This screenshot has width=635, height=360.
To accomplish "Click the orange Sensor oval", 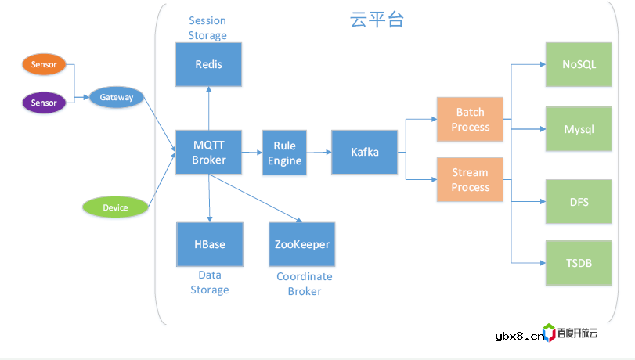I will pos(44,65).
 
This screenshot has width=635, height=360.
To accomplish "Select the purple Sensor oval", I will pos(44,103).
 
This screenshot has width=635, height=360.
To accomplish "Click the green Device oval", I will pos(115,207).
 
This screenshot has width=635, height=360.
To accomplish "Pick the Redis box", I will pos(208,64).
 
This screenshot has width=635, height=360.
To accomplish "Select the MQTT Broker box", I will pos(208,152).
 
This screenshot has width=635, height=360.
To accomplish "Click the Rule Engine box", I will pos(283,153).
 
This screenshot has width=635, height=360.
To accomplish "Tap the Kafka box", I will pos(365,152).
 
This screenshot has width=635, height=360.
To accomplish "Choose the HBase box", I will pos(209,244).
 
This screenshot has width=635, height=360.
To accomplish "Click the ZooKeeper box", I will pos(302,244).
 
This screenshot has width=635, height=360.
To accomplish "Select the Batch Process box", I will pos(470,120).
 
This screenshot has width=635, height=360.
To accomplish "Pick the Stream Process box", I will pos(470,180).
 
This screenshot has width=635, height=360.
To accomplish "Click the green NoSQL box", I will pos(579,64).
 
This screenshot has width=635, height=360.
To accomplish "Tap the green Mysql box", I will pos(579,129).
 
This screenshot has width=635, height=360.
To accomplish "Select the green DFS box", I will pos(579,202).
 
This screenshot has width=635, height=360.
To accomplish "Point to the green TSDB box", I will pos(579,262).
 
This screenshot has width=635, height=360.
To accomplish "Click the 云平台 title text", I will pos(377,20).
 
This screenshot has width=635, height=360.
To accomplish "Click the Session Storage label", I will pos(207,27).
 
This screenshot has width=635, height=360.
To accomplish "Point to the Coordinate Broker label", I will pos(304,283).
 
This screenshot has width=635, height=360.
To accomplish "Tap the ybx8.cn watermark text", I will pos(519,336).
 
